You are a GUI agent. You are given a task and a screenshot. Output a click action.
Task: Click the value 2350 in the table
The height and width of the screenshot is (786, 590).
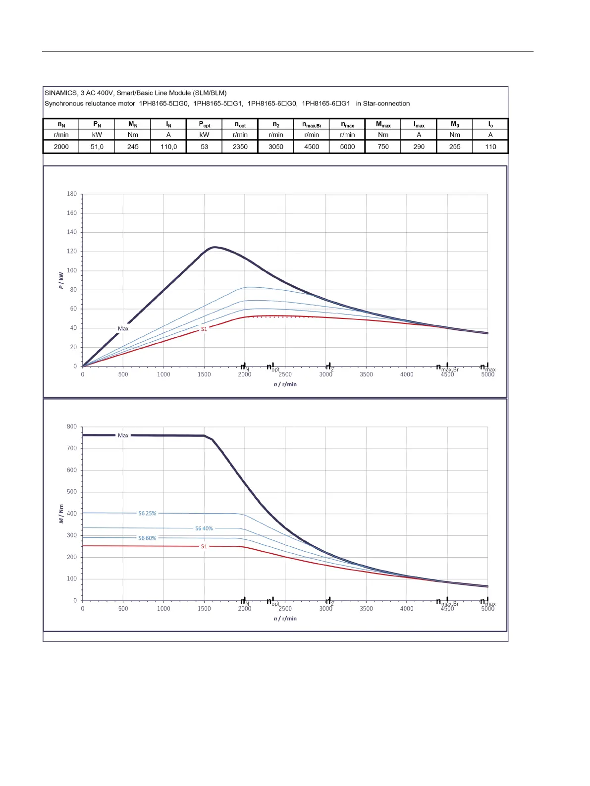240,147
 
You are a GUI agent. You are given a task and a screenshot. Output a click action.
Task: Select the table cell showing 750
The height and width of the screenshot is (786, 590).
383,147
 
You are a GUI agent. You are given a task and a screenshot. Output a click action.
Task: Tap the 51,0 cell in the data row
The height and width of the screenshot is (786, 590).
97,147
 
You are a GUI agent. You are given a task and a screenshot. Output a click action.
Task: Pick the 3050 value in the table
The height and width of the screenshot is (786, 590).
276,147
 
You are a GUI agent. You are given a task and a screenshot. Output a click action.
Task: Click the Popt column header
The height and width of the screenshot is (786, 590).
204,125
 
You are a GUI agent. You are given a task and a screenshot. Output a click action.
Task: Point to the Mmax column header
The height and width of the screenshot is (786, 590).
383,125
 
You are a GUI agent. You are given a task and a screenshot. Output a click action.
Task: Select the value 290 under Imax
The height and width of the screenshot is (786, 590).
419,147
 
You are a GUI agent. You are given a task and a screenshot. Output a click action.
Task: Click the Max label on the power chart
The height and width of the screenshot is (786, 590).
123,328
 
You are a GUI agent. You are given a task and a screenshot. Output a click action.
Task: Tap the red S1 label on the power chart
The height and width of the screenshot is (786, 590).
204,329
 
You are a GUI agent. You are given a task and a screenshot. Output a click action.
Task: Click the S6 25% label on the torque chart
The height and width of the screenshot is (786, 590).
147,514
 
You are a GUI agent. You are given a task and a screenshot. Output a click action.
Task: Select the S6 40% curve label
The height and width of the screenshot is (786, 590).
204,528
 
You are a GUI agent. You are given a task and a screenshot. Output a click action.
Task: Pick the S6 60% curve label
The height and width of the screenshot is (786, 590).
147,538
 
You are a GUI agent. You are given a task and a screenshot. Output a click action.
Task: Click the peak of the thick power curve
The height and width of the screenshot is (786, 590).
214,247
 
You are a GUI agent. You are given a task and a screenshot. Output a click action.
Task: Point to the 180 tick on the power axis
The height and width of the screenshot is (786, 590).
72,194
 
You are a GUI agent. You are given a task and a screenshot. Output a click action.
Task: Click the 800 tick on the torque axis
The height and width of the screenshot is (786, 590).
72,426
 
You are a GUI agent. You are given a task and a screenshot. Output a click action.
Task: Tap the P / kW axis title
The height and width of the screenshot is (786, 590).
61,280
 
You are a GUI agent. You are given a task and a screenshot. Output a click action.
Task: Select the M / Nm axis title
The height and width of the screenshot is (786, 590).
61,514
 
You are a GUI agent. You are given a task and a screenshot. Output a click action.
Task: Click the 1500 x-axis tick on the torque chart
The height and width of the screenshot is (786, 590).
204,609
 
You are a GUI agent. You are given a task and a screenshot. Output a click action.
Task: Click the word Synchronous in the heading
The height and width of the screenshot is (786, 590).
65,104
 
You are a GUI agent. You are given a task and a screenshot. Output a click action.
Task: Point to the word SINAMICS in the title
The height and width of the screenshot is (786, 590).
60,93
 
